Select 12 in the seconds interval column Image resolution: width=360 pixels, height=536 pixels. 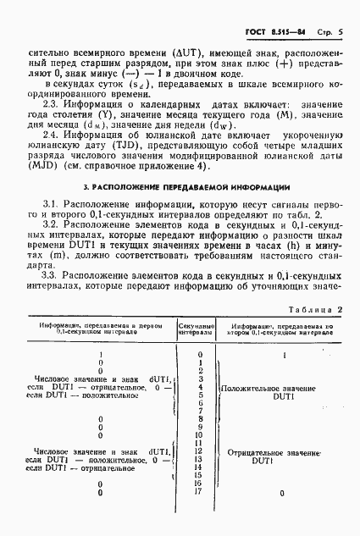[x=199, y=451]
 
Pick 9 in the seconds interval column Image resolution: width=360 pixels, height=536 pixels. [x=199, y=427]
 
